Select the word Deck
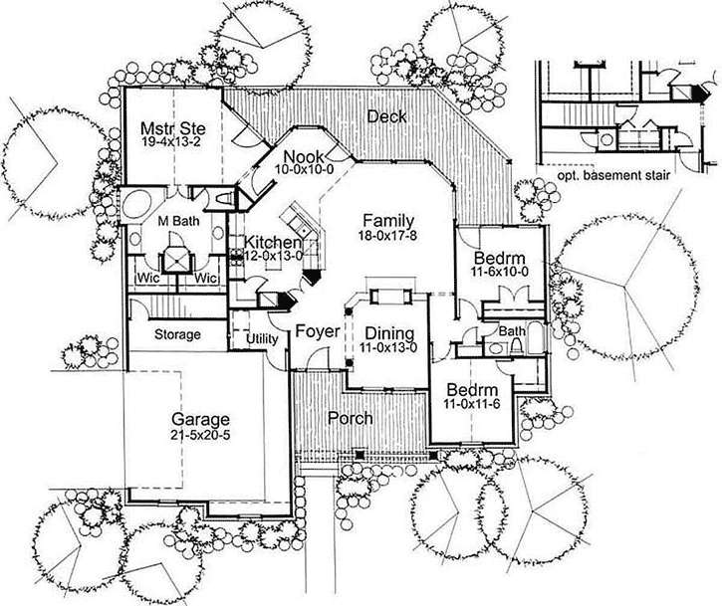coord(386,116)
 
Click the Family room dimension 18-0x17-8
coord(387,235)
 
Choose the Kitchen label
coord(273,242)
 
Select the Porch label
coord(350,419)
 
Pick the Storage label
coord(177,334)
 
